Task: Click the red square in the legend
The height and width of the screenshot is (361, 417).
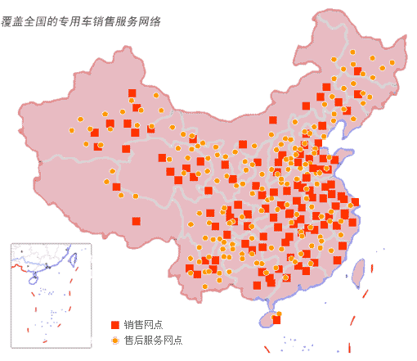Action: point(115,325)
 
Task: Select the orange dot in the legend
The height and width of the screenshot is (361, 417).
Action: point(115,339)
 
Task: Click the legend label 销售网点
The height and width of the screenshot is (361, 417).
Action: point(143,325)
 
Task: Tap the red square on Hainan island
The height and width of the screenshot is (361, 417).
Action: point(276,320)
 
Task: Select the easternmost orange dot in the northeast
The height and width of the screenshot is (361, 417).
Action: point(392,62)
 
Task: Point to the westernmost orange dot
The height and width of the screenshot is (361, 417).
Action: point(72,130)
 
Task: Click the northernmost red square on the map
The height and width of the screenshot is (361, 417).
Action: point(358,71)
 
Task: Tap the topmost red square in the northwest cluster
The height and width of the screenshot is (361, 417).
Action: point(132,93)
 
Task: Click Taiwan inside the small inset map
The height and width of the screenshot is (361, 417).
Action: point(74,260)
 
